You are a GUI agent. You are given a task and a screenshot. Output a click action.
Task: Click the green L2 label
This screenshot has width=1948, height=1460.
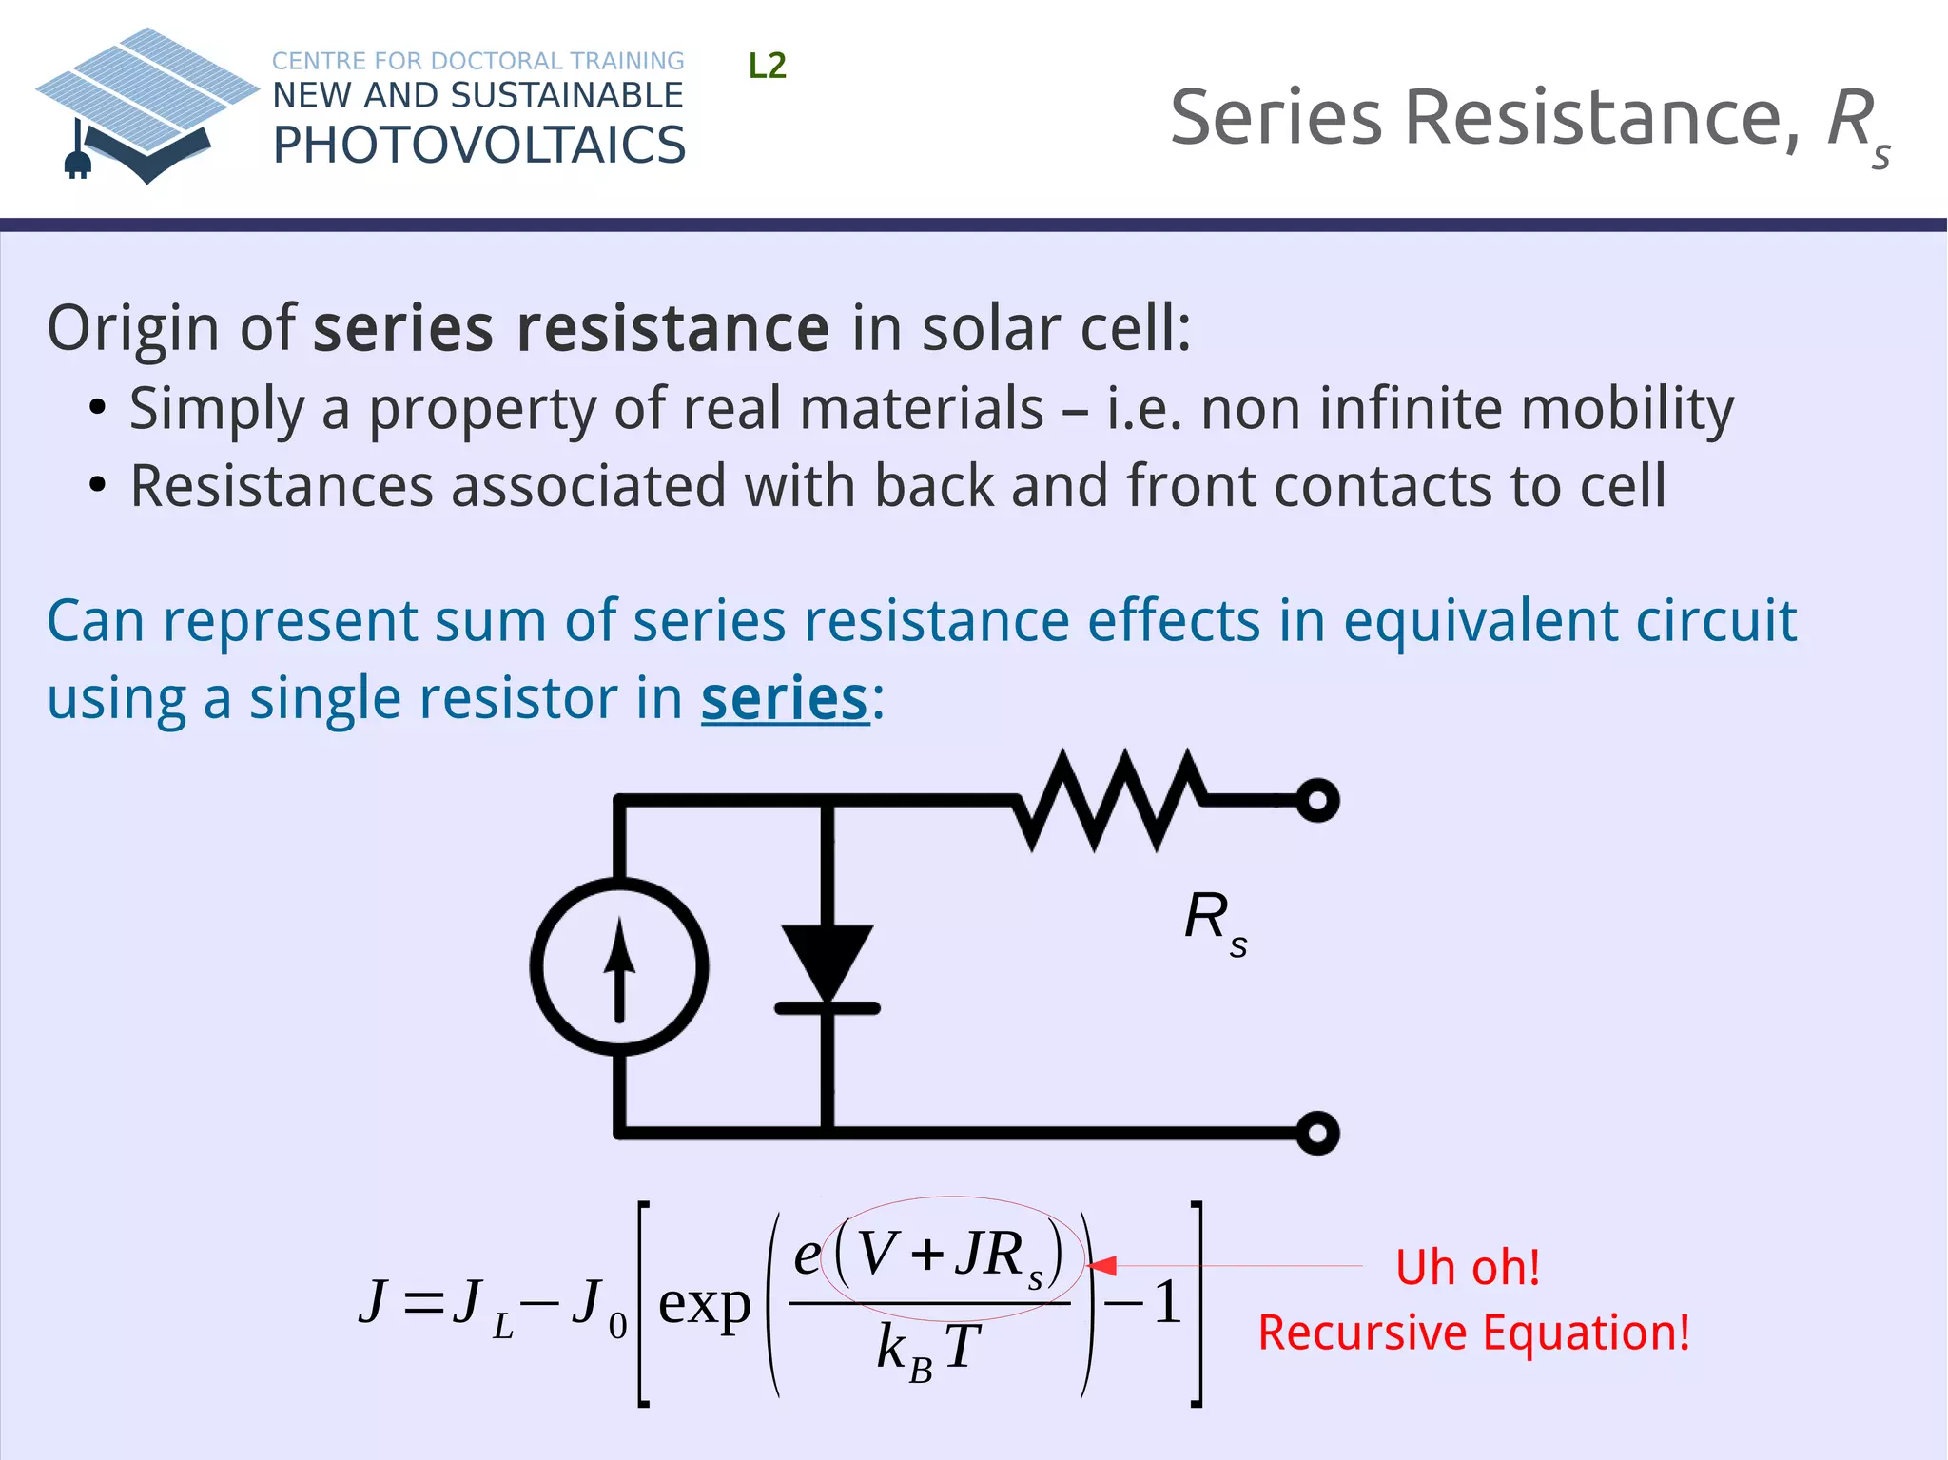[x=767, y=66]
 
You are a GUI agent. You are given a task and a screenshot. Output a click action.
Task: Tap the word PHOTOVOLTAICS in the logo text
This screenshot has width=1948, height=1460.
[x=478, y=146]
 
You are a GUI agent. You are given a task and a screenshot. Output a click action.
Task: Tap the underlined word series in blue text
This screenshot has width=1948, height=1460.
[x=785, y=699]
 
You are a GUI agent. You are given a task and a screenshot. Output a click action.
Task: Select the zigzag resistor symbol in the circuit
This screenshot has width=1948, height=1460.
[x=1109, y=800]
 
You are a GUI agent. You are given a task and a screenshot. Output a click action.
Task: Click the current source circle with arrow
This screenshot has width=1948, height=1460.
[x=619, y=966]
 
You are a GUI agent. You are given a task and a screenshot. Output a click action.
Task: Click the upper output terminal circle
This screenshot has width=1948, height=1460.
[x=1317, y=800]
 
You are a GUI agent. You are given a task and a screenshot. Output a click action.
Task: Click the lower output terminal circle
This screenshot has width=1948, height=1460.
[x=1317, y=1133]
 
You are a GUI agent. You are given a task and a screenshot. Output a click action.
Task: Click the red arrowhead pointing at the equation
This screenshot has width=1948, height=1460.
[x=1102, y=1266]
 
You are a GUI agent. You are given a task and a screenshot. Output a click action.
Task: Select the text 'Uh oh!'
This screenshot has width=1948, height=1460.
[x=1467, y=1268]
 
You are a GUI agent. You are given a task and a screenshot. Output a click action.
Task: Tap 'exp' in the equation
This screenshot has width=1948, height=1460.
[x=704, y=1304]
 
